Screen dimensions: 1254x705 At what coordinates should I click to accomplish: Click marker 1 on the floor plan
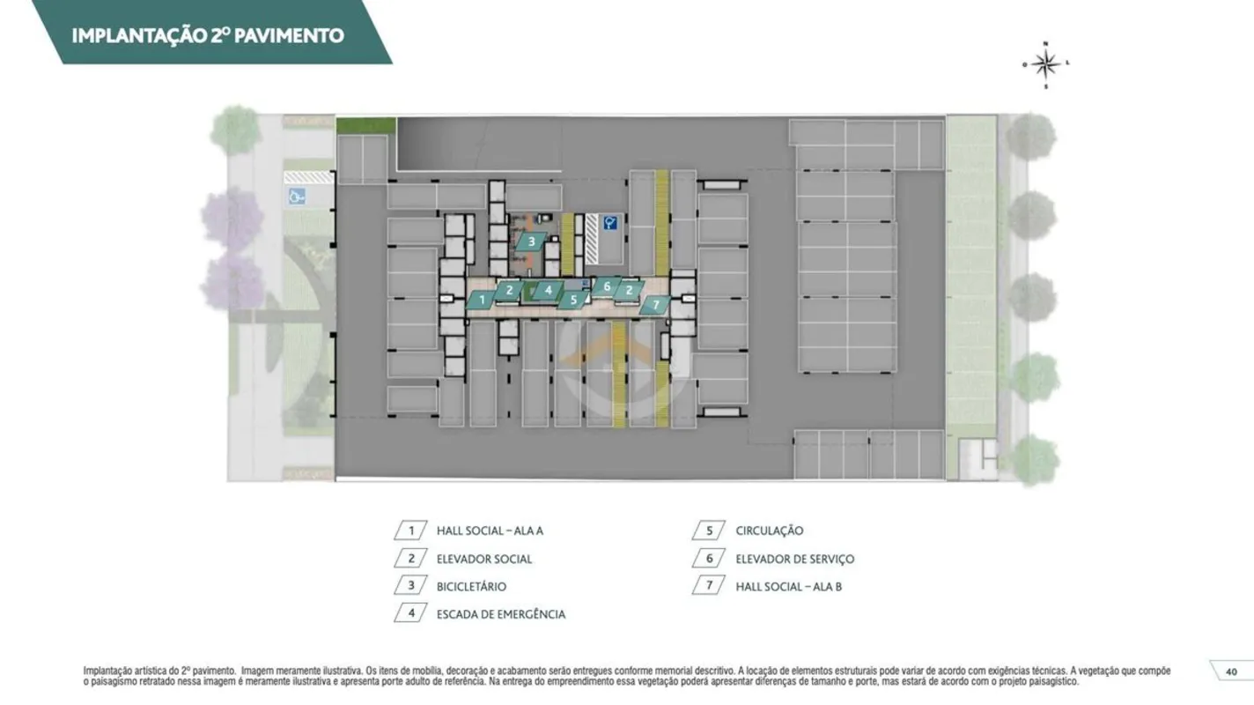click(482, 300)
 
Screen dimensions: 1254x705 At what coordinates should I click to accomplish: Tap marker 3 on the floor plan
click(531, 241)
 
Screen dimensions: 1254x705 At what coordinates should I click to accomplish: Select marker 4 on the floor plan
click(548, 290)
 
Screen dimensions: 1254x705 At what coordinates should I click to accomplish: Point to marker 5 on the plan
click(573, 300)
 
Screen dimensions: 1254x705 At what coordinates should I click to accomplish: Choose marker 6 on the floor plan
click(607, 286)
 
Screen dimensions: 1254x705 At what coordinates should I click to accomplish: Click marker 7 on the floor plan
click(655, 305)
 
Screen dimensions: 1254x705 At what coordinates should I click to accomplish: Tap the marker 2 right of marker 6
click(630, 290)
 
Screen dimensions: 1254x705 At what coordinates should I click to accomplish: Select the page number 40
click(1231, 672)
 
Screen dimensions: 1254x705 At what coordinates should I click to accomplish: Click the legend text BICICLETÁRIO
click(471, 587)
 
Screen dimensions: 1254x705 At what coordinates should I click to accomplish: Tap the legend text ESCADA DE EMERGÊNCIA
click(501, 615)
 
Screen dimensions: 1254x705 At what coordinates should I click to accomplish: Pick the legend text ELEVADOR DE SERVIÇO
click(795, 559)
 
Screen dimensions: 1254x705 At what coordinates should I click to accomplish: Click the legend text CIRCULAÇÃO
click(769, 531)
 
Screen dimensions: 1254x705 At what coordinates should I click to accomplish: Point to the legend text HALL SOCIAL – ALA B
click(788, 587)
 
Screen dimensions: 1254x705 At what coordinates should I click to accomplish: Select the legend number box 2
click(411, 558)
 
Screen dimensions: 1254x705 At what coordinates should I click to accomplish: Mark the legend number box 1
click(411, 531)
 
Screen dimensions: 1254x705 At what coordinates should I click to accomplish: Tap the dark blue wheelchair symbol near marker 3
click(609, 223)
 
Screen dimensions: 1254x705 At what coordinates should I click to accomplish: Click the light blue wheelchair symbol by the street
click(297, 197)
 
